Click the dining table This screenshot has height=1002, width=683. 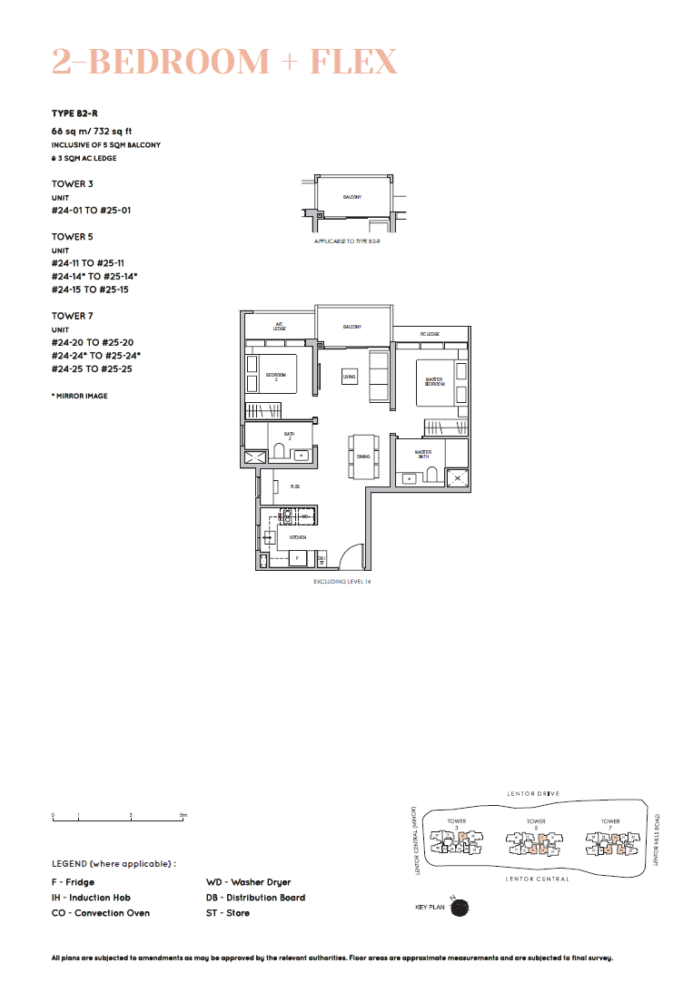tap(363, 457)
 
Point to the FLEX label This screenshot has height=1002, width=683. tap(295, 487)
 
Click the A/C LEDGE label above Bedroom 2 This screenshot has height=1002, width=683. tap(280, 327)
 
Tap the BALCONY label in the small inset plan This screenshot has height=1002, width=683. tap(352, 197)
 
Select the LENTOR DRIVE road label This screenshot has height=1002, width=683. tap(533, 794)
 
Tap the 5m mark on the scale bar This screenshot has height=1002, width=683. tap(183, 816)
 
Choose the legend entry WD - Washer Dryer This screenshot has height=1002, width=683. tap(249, 882)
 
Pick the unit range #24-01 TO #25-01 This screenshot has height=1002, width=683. tap(92, 211)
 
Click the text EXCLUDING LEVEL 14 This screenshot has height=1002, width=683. tap(342, 581)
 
